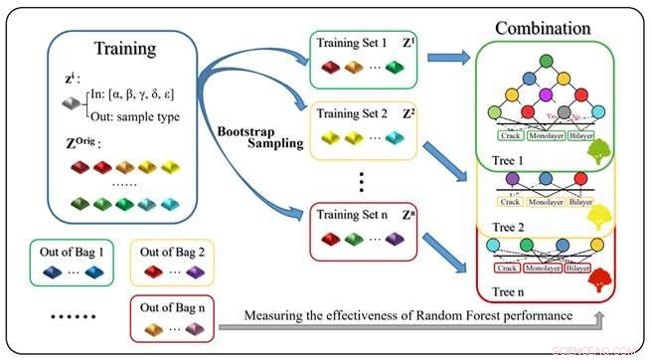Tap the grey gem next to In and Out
pyautogui.click(x=70, y=102)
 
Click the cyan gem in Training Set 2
pyautogui.click(x=396, y=136)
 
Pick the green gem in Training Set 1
pyautogui.click(x=396, y=68)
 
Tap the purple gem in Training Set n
pyautogui.click(x=396, y=238)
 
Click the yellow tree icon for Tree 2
pyautogui.click(x=600, y=217)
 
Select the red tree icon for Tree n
pyautogui.click(x=599, y=282)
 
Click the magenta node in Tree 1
pyautogui.click(x=544, y=95)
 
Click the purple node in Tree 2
pyautogui.click(x=513, y=180)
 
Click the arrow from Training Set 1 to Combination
pyautogui.click(x=451, y=57)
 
